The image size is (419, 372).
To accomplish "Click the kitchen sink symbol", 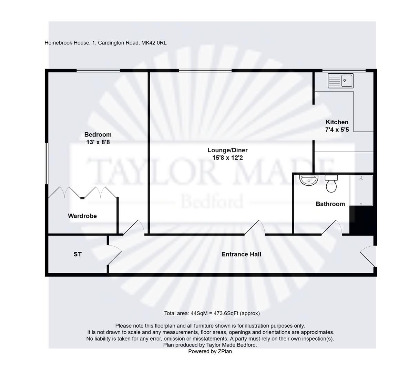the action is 340,81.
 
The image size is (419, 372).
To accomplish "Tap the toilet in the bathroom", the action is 331,183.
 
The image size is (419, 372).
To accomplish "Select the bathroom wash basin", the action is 308,180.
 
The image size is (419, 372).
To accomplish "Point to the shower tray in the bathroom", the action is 361,190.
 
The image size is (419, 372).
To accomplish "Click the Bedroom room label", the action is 98,134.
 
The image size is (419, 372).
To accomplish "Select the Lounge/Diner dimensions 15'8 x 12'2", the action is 227,158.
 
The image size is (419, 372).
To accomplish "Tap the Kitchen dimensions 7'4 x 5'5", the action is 337,130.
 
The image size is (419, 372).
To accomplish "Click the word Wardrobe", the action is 82,216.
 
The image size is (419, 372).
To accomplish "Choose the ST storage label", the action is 78,254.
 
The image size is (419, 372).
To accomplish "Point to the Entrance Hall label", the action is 241,254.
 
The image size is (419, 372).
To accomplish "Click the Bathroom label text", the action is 330,204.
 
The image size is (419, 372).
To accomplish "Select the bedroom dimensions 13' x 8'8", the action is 98,142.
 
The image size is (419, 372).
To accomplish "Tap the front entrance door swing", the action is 368,256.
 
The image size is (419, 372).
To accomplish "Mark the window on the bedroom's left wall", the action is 47,163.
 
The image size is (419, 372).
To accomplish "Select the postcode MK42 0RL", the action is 154,43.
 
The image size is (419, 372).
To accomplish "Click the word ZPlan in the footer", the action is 225,351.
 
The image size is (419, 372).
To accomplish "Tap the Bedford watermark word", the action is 212,201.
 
